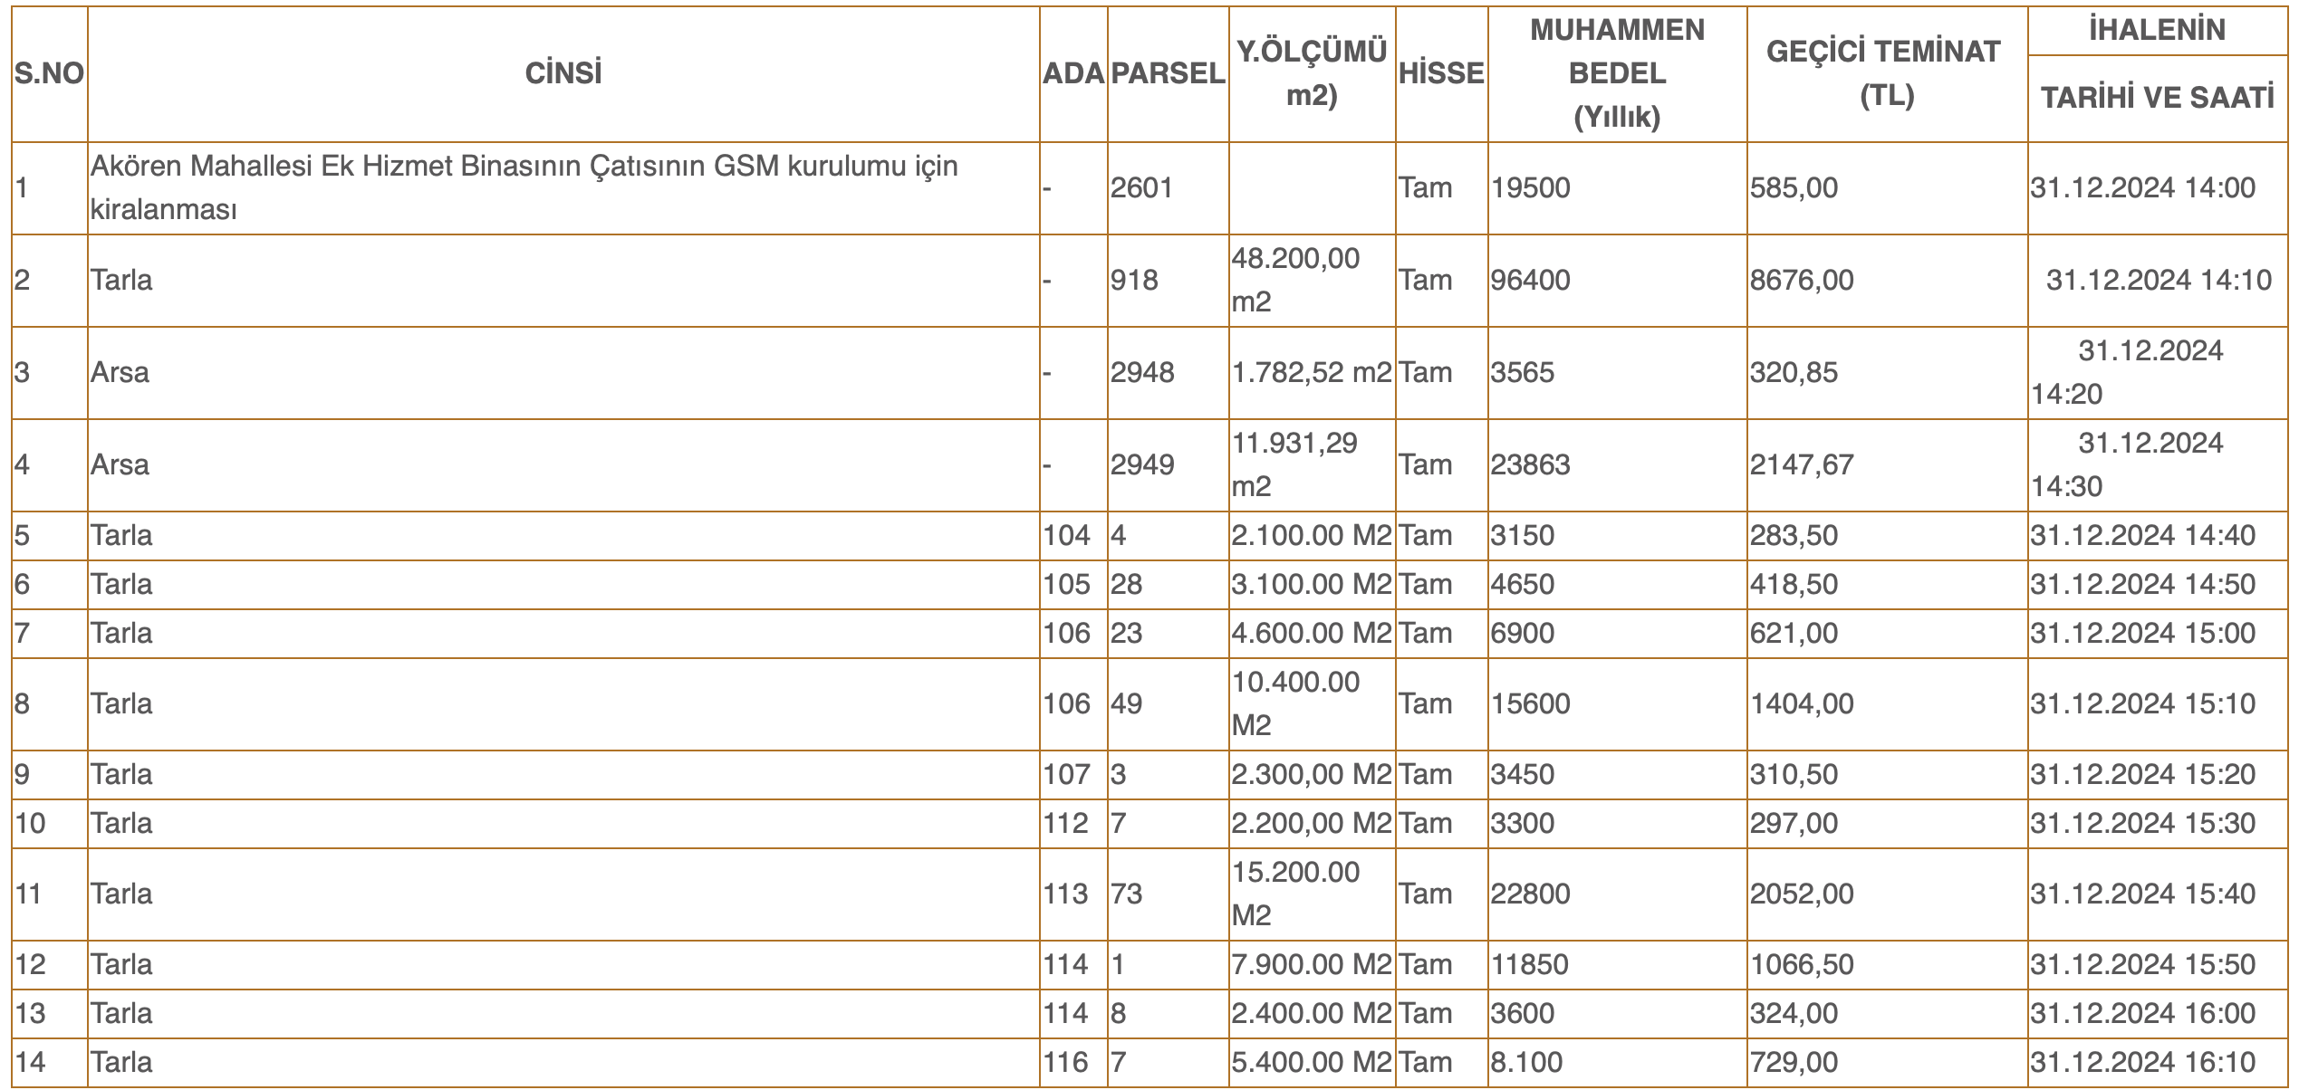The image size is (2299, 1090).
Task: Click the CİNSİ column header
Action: point(563,74)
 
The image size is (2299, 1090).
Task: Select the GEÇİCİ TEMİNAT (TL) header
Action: point(1885,74)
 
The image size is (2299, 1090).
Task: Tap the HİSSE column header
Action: point(1441,74)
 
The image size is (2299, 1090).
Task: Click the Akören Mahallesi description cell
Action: point(524,188)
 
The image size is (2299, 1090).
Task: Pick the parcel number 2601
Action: point(1141,188)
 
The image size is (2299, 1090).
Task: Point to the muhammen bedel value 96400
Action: point(1531,281)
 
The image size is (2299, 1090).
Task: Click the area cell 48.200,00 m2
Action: point(1295,281)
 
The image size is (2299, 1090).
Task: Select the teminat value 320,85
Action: point(1794,373)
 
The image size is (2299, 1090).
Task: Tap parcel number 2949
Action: point(1142,465)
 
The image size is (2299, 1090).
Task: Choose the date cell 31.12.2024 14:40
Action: point(2142,536)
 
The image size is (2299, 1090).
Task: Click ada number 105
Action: point(1066,585)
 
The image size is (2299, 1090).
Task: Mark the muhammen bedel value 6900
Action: point(1523,634)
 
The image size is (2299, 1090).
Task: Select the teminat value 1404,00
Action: point(1802,704)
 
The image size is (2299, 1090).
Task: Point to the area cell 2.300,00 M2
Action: point(1311,775)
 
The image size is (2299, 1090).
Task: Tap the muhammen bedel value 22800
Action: point(1531,894)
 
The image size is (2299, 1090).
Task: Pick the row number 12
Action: point(30,965)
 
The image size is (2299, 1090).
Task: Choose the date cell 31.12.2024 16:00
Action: point(2142,1014)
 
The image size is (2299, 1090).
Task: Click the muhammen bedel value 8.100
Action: point(1526,1063)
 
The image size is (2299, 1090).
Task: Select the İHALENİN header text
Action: point(2156,31)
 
